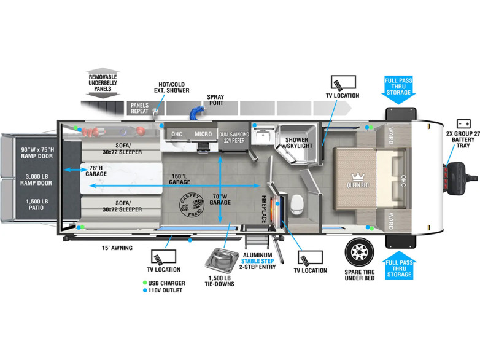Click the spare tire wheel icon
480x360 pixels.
360,252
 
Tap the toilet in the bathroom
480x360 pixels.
296,205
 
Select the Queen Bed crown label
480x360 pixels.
358,181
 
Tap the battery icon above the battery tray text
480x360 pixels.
463,123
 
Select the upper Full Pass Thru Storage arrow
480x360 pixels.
398,90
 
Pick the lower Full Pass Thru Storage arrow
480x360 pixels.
399,265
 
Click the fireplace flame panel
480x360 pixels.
276,211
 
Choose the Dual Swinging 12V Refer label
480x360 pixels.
234,137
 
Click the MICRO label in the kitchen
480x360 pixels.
203,134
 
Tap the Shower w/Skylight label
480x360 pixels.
296,143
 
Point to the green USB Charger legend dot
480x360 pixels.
145,283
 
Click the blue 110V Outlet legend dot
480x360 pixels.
145,290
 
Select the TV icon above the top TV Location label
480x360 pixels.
343,83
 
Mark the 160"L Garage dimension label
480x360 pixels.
179,179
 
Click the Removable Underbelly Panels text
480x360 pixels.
103,83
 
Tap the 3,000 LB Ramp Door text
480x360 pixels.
36,179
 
